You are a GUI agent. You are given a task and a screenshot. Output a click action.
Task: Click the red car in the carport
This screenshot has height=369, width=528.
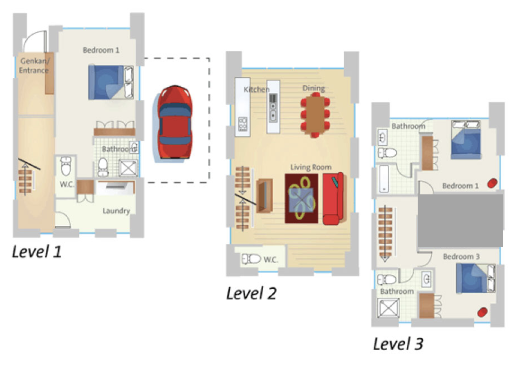(x=175, y=122)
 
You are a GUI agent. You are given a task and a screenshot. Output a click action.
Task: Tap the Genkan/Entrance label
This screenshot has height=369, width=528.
(x=35, y=66)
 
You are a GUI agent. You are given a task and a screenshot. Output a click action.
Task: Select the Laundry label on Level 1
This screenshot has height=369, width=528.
(x=117, y=211)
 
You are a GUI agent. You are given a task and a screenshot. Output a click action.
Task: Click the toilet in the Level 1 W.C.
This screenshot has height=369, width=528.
(x=66, y=166)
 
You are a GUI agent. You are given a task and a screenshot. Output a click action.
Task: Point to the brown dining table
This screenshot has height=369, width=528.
(x=315, y=115)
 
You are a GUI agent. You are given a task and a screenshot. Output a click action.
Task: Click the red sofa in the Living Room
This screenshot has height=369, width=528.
(x=333, y=199)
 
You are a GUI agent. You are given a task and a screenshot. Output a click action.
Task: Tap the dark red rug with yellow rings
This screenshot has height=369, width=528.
(x=301, y=199)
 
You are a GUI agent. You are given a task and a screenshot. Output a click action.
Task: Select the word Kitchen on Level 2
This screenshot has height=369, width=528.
(x=256, y=89)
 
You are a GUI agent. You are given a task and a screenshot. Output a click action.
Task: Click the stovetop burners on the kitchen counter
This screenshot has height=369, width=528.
(x=243, y=124)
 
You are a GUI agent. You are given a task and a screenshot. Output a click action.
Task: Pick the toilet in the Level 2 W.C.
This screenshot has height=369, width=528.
(x=251, y=259)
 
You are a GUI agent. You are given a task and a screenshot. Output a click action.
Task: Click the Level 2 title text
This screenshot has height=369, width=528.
(x=251, y=293)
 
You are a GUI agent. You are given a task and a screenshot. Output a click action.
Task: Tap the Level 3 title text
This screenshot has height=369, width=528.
(x=398, y=344)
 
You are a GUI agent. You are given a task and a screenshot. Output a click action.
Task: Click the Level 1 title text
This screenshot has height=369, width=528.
(x=37, y=251)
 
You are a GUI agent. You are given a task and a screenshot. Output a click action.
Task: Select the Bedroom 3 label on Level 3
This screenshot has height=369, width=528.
(x=461, y=256)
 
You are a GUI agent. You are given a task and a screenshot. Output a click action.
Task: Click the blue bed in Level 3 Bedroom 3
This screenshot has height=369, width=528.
(x=476, y=278)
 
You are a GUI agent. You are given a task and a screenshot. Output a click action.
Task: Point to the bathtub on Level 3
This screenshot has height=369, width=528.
(x=384, y=179)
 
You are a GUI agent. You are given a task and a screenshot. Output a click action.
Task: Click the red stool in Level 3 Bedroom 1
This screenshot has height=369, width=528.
(x=492, y=183)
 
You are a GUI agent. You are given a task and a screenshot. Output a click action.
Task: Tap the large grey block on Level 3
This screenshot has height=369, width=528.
(x=460, y=220)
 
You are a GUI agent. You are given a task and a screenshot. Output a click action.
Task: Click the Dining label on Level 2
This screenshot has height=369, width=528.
(x=314, y=88)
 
